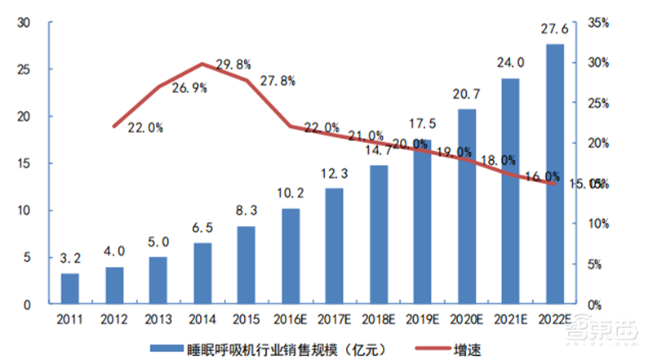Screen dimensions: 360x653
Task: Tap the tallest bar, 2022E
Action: tap(554, 174)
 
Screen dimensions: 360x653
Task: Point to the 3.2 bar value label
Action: tap(71, 260)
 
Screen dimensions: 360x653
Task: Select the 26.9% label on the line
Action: tap(189, 90)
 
